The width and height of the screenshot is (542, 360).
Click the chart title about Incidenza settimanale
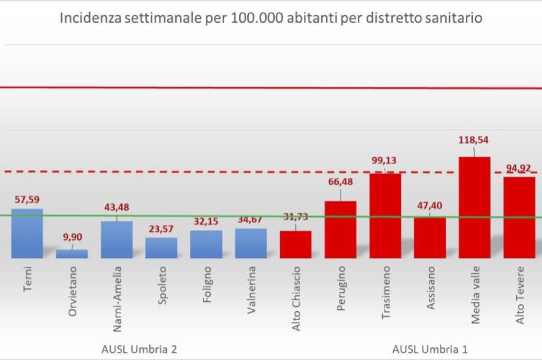(x=270, y=19)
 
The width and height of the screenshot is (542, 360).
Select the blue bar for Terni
(x=27, y=233)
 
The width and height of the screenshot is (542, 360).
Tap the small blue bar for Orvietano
(x=72, y=254)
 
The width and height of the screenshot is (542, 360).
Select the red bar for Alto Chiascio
(x=295, y=245)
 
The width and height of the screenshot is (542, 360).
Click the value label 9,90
(x=71, y=237)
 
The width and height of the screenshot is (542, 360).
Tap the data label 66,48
(x=340, y=182)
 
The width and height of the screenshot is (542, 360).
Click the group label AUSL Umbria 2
(x=139, y=349)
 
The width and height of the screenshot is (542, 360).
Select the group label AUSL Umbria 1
(x=430, y=349)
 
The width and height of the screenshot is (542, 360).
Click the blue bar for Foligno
(x=206, y=244)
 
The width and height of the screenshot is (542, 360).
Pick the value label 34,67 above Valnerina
(x=250, y=219)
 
